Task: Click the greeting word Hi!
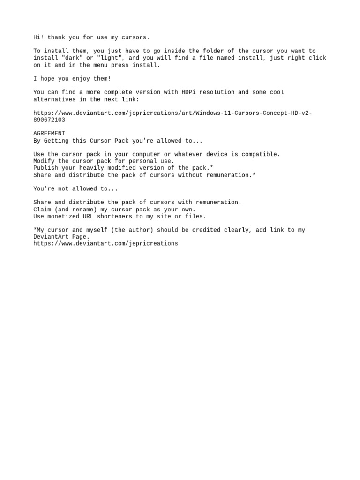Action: pyautogui.click(x=38, y=37)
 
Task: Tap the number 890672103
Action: pyautogui.click(x=49, y=120)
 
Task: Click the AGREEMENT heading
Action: pyautogui.click(x=49, y=134)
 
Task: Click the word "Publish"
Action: pyautogui.click(x=45, y=168)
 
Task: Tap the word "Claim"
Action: pyautogui.click(x=42, y=210)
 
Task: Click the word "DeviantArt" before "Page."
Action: pyautogui.click(x=51, y=237)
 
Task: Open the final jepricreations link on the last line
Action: pyautogui.click(x=105, y=244)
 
